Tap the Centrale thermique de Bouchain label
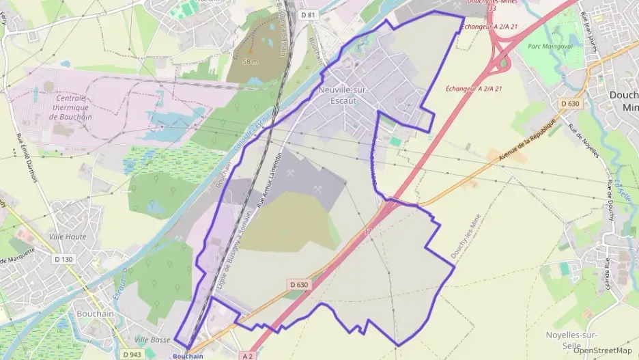72,107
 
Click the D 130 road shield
62,259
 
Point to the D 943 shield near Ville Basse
132,355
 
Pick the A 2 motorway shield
248,356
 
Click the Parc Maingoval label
550,46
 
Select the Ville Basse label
152,340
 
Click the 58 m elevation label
251,61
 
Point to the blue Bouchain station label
188,356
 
